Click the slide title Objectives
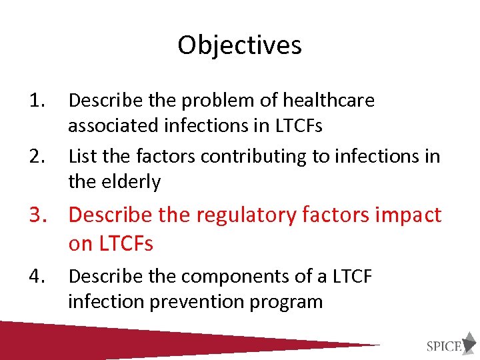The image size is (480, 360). tap(239, 45)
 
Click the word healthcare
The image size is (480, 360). tap(329, 101)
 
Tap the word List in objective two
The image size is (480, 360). tap(83, 157)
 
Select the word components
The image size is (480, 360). tap(224, 276)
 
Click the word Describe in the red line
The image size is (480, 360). tap(110, 215)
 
